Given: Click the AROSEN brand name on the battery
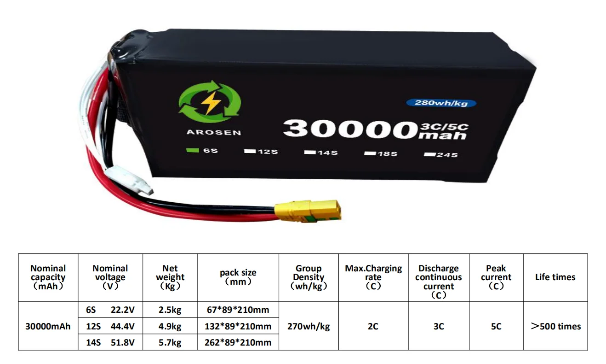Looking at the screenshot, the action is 213,133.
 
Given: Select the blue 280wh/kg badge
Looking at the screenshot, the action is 441,103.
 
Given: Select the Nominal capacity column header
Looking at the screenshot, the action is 48,277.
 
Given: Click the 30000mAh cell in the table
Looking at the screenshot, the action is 48,326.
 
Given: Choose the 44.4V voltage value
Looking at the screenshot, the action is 122,326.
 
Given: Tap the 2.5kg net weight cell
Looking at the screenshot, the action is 170,310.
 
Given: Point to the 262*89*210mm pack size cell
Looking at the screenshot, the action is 238,342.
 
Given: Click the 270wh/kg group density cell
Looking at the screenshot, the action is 309,326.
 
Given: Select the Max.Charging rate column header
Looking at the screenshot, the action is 373,277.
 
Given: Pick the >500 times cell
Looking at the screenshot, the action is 555,326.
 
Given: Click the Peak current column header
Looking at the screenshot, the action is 496,277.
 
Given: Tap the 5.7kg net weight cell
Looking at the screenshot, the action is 170,342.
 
